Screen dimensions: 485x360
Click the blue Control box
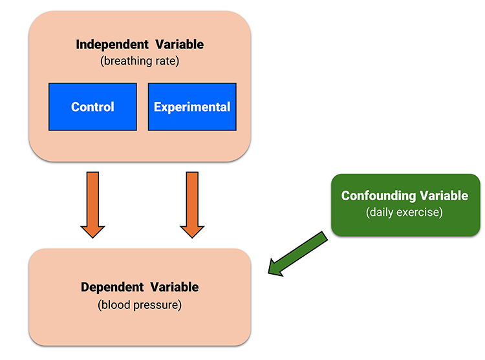tap(92, 107)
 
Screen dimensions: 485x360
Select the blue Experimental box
tap(192, 107)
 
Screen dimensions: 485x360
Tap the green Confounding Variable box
tap(405, 205)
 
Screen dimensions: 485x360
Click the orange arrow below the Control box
tap(92, 205)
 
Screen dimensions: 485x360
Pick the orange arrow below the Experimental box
tap(192, 205)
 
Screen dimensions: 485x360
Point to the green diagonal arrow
tap(297, 253)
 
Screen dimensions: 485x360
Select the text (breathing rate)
tap(140, 61)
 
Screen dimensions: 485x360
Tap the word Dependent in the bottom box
tap(113, 287)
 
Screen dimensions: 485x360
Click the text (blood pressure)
tap(140, 305)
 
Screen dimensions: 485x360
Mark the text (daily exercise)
tap(405, 212)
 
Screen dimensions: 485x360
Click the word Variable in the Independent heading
tap(179, 45)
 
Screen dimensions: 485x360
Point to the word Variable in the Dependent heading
tap(175, 287)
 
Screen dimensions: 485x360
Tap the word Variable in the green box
tap(444, 196)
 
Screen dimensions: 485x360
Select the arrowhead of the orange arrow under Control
tap(92, 232)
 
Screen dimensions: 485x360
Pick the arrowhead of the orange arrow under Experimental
tap(192, 232)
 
